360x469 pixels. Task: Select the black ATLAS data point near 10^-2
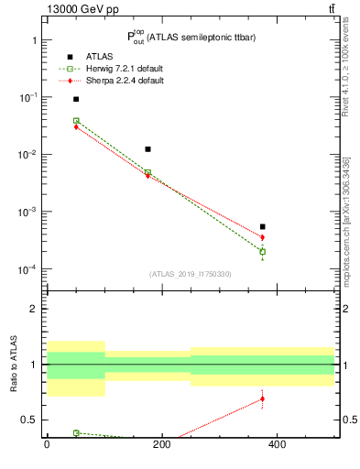point(147,148)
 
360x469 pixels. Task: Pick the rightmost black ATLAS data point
point(262,226)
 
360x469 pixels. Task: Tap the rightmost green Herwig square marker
point(262,252)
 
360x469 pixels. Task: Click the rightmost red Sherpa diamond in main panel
point(262,237)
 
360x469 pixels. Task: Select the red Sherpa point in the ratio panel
point(262,398)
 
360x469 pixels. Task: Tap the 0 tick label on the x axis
point(47,444)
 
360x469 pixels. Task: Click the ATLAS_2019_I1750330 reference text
point(191,274)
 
